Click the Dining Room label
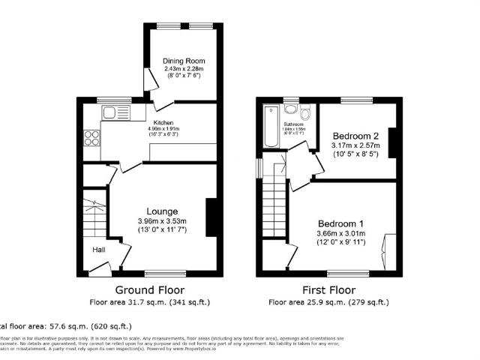184,61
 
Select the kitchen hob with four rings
94,138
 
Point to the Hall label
99,250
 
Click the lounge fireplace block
212,214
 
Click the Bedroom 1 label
340,224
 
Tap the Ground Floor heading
149,289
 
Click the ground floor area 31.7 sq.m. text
149,302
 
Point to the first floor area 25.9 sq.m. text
330,302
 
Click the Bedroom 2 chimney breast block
391,144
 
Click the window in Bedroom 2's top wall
357,100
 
